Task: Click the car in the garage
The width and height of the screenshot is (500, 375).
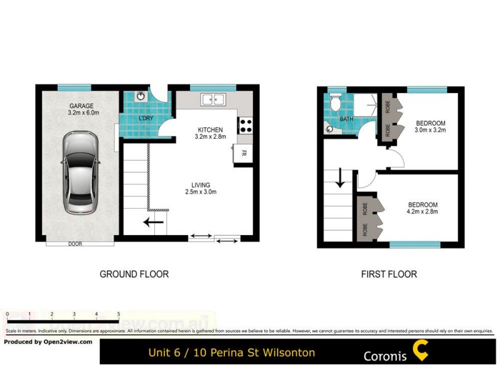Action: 81,172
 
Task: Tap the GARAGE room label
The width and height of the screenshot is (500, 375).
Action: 81,106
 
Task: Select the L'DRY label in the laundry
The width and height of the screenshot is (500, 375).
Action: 146,119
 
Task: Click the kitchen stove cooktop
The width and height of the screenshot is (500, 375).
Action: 245,125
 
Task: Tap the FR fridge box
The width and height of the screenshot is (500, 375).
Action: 243,153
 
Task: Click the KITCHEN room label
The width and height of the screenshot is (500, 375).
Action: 210,129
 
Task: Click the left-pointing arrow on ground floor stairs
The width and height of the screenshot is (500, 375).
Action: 152,221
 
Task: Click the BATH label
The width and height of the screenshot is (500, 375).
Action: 346,119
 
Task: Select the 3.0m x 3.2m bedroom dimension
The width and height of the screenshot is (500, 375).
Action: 430,131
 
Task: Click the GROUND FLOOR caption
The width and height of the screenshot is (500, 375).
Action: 134,274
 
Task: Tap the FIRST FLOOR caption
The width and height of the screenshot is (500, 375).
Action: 389,274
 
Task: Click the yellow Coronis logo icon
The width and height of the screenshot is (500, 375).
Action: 421,351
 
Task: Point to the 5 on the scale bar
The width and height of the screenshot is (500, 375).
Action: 119,314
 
